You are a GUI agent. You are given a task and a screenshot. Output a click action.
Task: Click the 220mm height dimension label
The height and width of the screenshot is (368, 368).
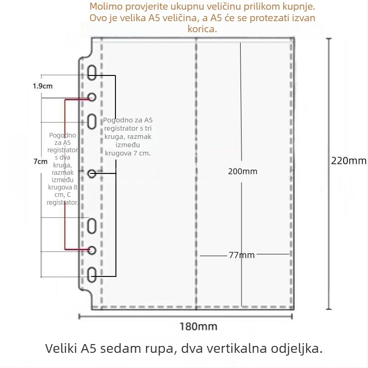click(x=349, y=161)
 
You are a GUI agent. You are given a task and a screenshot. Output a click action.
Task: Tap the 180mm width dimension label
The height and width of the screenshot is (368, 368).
click(x=198, y=327)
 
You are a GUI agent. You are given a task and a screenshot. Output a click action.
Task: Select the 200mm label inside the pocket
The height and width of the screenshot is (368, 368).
click(x=243, y=172)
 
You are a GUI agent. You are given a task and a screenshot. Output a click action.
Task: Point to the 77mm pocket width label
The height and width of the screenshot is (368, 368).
click(x=242, y=255)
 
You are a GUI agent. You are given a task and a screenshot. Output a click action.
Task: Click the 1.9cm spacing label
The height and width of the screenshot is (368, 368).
click(x=42, y=86)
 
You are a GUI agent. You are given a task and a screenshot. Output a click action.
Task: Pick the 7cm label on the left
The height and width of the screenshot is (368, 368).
click(x=40, y=161)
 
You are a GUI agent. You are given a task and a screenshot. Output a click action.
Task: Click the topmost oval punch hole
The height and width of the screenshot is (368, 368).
click(x=92, y=73)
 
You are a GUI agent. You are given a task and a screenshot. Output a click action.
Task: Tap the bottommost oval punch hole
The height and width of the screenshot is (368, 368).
click(x=92, y=275)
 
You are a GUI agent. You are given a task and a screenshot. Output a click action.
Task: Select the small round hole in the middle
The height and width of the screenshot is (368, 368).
click(x=92, y=174)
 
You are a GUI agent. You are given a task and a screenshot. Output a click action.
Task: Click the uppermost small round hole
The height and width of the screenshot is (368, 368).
click(x=92, y=97)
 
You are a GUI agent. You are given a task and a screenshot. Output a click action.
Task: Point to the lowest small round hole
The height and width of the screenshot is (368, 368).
click(x=92, y=250)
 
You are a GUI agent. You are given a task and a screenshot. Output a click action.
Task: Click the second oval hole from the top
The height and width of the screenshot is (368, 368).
click(x=92, y=121)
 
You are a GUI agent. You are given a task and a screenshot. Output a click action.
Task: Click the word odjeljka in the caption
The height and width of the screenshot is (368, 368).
click(x=297, y=349)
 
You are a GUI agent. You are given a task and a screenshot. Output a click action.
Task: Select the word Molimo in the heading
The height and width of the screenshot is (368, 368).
click(x=106, y=6)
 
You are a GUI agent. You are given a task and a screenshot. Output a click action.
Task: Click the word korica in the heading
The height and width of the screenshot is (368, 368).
click(x=202, y=29)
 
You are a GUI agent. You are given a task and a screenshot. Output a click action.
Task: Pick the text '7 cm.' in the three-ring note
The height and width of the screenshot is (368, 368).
click(x=142, y=153)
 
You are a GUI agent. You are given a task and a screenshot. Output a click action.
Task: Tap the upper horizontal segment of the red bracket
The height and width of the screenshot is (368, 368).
click(x=77, y=100)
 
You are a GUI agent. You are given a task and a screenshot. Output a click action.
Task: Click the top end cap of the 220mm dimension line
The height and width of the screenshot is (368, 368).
click(x=329, y=39)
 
